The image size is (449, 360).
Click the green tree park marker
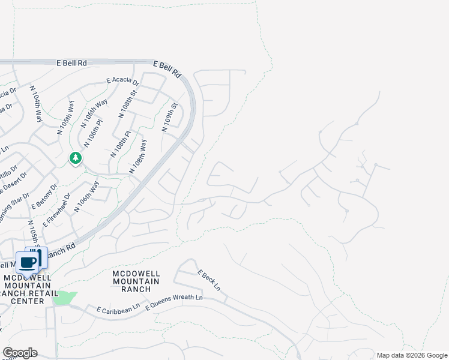click(76, 158)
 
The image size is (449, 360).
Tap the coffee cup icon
click(28, 262)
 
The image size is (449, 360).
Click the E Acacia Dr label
click(122, 81)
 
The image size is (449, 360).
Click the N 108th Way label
click(139, 157)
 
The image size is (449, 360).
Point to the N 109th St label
click(170, 118)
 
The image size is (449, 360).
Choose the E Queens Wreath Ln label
click(175, 298)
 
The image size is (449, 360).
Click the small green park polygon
click(63, 298)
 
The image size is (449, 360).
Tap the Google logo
click(19, 353)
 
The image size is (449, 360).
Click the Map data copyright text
click(412, 355)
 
